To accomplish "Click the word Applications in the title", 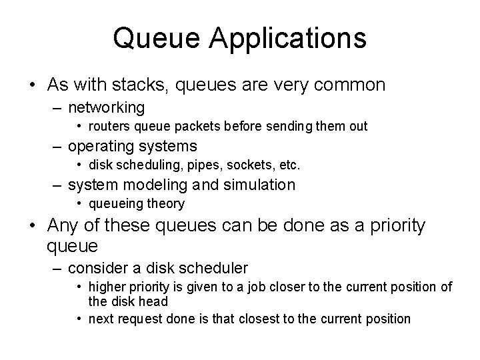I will tap(289, 39).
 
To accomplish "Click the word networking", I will tap(107, 107).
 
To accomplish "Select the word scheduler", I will tap(214, 269).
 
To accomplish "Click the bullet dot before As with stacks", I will tap(32, 85).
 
